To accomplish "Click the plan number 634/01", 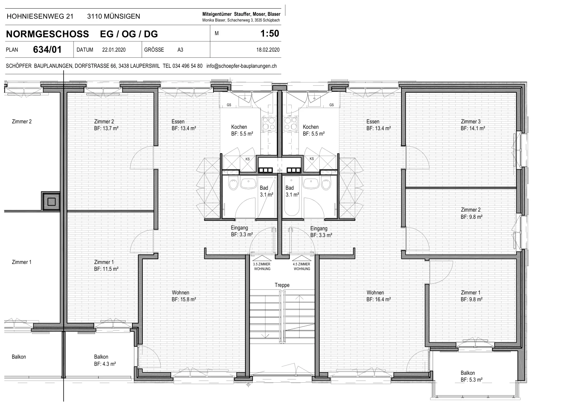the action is click(x=47, y=49).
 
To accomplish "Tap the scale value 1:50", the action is click(x=269, y=34).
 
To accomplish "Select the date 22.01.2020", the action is click(x=114, y=50).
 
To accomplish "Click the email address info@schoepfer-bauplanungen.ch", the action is click(x=241, y=66).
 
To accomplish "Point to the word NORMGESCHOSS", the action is click(x=47, y=34).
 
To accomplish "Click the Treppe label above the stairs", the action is click(x=282, y=285).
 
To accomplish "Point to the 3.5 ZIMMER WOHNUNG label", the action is click(x=262, y=266).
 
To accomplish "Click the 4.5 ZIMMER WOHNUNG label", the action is click(x=302, y=266).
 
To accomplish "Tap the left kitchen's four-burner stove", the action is click(x=269, y=124).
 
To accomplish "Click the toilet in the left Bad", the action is click(x=233, y=184).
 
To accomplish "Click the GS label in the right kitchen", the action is click(x=331, y=105).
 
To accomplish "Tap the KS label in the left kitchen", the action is click(x=248, y=159).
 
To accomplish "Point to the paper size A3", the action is click(x=180, y=50).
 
